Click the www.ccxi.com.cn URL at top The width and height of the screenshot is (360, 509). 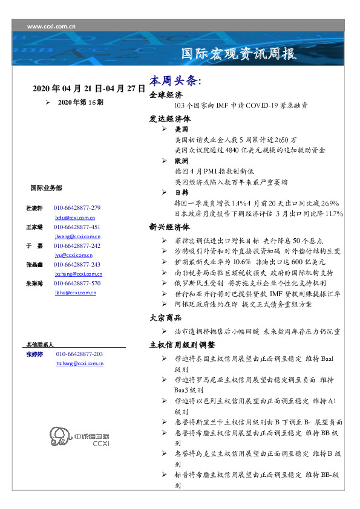pos(51,27)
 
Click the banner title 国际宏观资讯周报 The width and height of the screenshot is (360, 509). pos(239,54)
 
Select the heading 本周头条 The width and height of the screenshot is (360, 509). pos(175,80)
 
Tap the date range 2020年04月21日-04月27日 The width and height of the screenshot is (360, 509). pos(89,89)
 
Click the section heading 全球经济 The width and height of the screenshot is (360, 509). pos(166,96)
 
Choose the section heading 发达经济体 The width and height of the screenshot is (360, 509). pos(169,118)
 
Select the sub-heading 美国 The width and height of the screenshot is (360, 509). pos(181,129)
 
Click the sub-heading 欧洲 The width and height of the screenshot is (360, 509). pos(181,161)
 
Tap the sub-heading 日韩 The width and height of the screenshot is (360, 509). pos(181,192)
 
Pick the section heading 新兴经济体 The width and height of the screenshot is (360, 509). pos(169,227)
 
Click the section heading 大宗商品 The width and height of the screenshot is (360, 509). pos(166,318)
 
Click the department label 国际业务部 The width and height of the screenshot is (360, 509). pos(45,188)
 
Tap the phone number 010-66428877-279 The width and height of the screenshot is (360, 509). pos(77,208)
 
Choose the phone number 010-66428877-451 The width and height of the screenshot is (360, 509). pos(77,227)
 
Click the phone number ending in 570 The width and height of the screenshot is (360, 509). pos(77,283)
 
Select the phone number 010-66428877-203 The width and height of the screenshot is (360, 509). pos(79,354)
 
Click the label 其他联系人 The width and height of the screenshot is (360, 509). pos(40,344)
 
